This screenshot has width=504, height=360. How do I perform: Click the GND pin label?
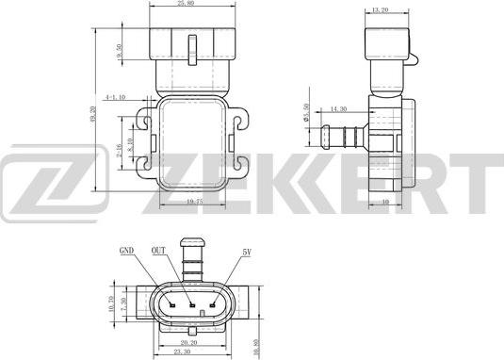(x=126, y=252)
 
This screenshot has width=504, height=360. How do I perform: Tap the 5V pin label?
(x=247, y=252)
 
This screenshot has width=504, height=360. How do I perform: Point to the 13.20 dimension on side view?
(x=381, y=10)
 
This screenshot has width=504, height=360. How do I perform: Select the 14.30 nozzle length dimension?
(x=338, y=109)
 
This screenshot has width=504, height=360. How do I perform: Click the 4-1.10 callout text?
(x=117, y=96)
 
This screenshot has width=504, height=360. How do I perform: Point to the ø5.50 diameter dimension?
(x=307, y=121)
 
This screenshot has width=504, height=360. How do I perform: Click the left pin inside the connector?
(x=172, y=304)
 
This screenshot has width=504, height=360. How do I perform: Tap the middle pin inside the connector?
(x=191, y=304)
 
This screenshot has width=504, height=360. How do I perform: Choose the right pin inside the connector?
(x=210, y=304)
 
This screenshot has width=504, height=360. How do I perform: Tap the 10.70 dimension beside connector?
(x=112, y=304)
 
